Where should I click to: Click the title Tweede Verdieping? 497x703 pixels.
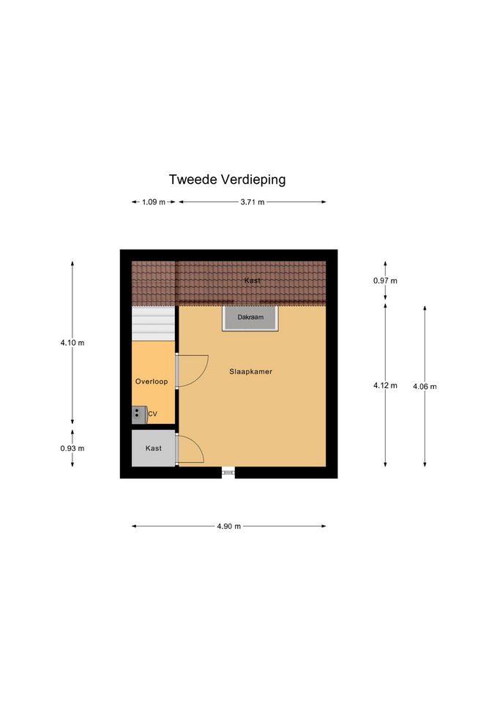tap(227, 180)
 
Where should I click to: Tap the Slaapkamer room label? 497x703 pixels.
tap(250, 372)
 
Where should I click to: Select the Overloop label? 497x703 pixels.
tap(152, 382)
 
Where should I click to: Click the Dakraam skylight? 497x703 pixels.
tap(250, 319)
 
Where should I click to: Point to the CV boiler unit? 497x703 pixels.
tap(139, 414)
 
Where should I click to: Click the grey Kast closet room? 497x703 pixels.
tap(153, 448)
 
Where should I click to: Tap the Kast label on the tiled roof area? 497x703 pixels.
tap(253, 280)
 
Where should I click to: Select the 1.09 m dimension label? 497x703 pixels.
tap(154, 202)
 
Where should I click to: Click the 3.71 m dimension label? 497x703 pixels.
tap(253, 202)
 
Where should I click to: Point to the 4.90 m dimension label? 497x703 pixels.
tap(229, 527)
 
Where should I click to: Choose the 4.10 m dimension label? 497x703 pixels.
tap(72, 343)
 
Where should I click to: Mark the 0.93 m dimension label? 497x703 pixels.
tap(72, 448)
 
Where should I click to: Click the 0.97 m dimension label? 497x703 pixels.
tap(385, 280)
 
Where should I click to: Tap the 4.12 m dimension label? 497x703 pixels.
tap(385, 386)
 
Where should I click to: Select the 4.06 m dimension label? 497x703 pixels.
tap(425, 387)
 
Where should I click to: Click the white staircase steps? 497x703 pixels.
tap(153, 324)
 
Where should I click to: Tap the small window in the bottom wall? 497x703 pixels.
tap(228, 472)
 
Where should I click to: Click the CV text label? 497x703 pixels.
tap(152, 414)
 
